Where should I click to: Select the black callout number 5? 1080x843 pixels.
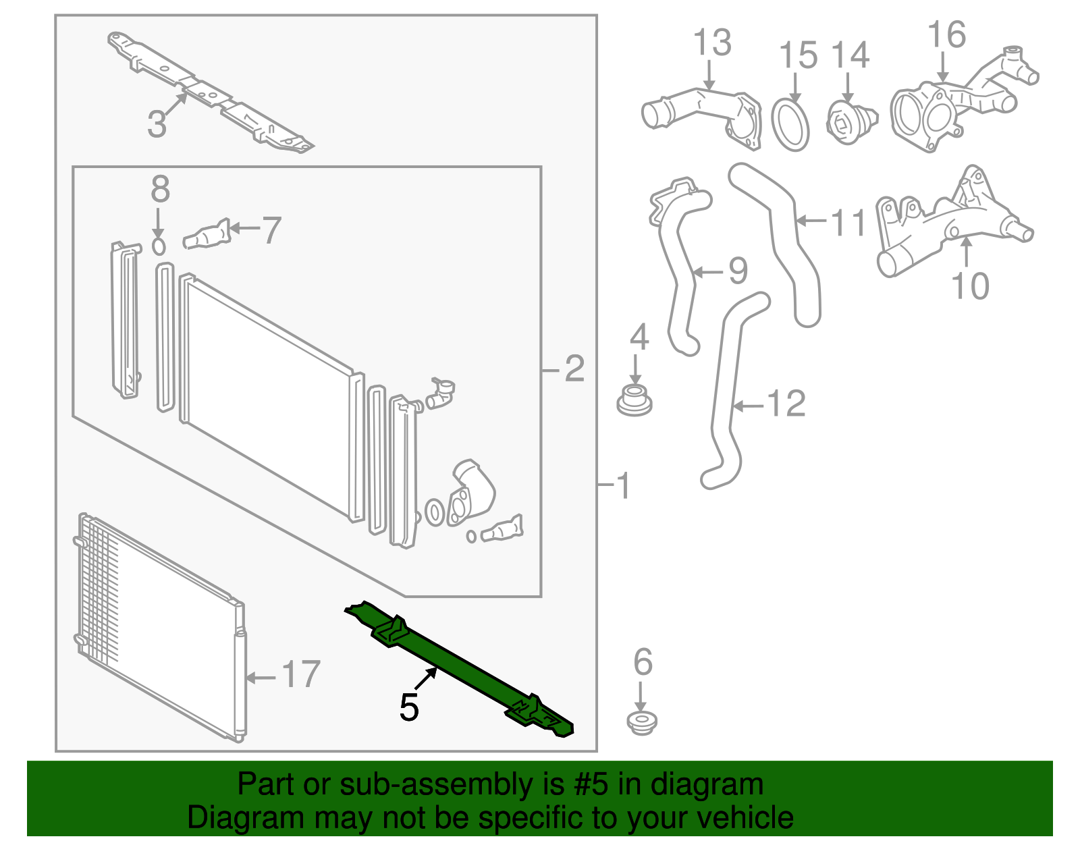pos(409,707)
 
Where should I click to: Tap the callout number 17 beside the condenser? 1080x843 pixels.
pos(301,674)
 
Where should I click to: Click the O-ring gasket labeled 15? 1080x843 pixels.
pos(790,126)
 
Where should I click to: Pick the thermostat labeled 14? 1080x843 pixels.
pos(851,122)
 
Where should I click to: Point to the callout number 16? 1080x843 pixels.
pos(946,35)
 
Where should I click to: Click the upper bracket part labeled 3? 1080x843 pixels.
pos(213,94)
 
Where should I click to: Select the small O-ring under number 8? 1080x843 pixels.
pos(159,246)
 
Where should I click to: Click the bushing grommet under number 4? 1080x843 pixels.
pos(634,400)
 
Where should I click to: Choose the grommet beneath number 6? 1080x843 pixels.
pos(642,722)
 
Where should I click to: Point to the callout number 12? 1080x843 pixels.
pos(786,404)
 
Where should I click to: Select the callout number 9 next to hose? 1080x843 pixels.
pos(738,271)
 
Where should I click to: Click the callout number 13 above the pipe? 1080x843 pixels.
pos(712,43)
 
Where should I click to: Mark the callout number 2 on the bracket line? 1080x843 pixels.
pos(574,369)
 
